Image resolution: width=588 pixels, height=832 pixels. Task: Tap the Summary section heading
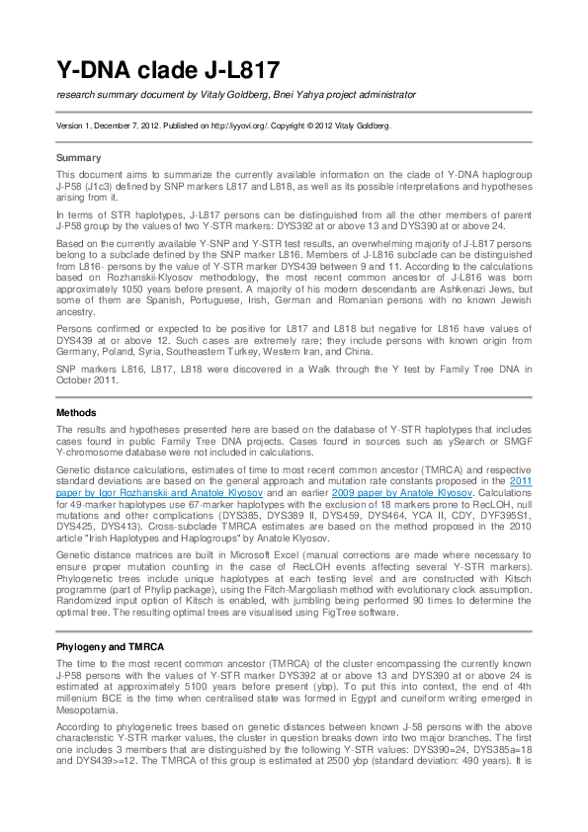(79, 157)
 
